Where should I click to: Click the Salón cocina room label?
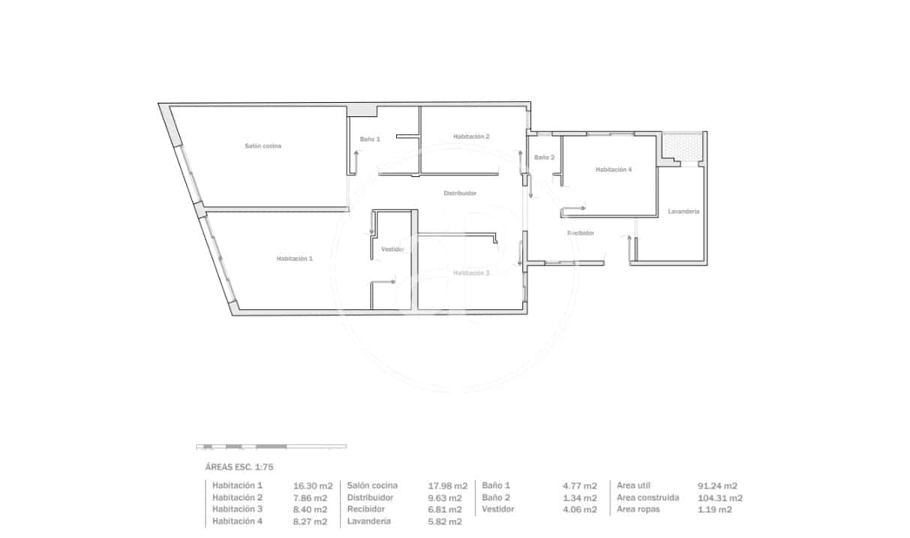coord(263,146)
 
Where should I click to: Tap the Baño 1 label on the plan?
coord(370,139)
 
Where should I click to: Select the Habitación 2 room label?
coord(471,137)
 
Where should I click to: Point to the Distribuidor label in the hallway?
coord(460,193)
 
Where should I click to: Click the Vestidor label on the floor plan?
coord(393,249)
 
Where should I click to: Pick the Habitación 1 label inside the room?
coord(295,258)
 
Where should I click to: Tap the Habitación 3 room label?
coord(471,272)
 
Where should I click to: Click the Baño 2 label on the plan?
coord(545,158)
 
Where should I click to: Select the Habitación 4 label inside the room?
coord(614,170)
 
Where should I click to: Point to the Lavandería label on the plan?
coord(683,212)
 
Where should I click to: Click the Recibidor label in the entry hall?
coord(581,233)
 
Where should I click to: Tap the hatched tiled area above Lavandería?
coord(683,146)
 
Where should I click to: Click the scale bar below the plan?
coord(272,446)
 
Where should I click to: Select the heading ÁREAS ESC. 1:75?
coord(239,467)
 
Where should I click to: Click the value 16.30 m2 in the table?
coord(313,485)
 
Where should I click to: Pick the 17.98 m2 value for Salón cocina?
coord(448,485)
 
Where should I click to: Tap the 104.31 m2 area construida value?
coord(720,497)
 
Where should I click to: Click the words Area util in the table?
coord(633,485)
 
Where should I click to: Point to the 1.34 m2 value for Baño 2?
coord(580,497)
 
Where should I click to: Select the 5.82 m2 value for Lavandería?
coord(445,521)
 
